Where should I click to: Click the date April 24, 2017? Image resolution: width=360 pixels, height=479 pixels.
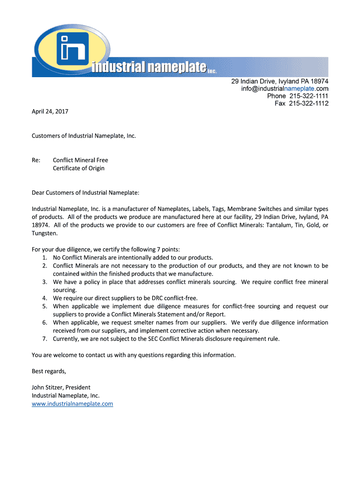pos(50,111)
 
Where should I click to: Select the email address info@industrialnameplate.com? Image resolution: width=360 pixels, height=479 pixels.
pos(284,88)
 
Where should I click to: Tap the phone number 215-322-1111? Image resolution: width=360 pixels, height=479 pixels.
pos(308,96)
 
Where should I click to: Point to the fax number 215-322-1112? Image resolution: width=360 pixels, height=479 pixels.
pos(308,103)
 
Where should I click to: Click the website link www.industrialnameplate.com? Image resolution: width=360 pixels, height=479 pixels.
pos(72,404)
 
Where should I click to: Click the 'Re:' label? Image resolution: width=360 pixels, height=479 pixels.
pos(36,160)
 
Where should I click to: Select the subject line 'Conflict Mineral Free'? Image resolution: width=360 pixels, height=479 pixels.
pos(80,160)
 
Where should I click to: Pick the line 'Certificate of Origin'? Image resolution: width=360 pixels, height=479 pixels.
pos(79,168)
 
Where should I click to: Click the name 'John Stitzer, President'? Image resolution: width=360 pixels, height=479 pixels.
pos(61,387)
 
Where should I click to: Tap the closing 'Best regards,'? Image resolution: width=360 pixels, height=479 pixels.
pos(49,371)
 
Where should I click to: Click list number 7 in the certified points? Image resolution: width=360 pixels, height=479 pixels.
pos(45,339)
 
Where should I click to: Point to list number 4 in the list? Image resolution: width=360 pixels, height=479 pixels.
pos(45,298)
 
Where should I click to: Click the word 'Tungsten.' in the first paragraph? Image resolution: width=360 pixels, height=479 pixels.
pos(45,233)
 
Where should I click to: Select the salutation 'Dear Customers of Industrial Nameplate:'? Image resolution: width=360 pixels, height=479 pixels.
pos(86,192)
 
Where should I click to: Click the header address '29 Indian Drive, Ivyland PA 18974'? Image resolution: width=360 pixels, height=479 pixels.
pos(280,81)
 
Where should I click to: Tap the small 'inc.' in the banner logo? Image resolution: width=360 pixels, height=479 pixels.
pos(212,71)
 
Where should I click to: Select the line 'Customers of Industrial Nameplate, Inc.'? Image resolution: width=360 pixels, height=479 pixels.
pos(84,136)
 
